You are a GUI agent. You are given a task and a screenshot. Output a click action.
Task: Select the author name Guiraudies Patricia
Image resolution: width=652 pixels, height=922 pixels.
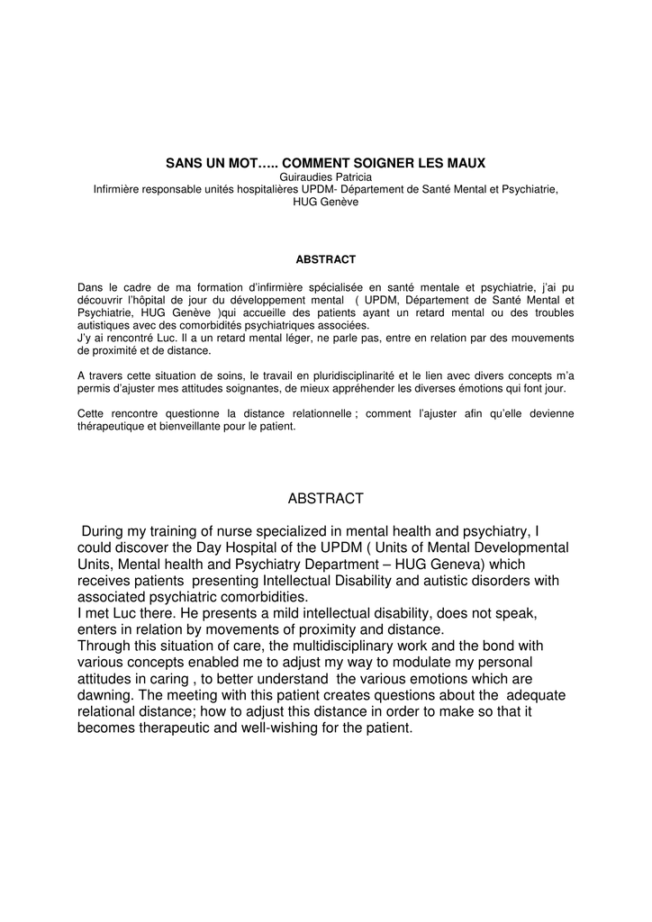[325, 176]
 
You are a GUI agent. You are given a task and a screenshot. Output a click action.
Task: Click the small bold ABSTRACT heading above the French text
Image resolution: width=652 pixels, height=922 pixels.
[325, 259]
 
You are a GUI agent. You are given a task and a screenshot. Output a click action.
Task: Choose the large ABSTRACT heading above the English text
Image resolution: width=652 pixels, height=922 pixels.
[325, 498]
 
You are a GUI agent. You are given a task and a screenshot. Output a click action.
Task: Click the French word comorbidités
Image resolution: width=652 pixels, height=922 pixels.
[248, 324]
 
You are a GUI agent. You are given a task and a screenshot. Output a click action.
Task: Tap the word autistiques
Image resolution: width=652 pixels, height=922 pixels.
[104, 324]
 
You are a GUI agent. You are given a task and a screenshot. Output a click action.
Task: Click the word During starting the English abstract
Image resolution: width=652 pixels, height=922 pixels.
[106, 531]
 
